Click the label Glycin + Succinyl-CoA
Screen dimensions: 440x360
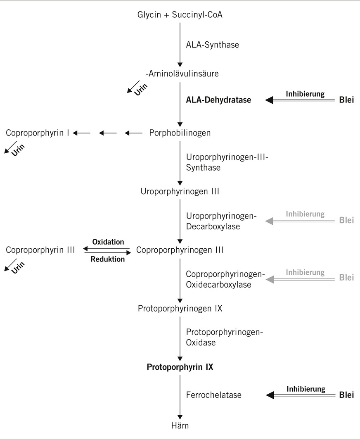coord(180,15)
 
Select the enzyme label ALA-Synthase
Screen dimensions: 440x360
coord(212,45)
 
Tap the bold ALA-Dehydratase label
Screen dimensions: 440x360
coord(218,100)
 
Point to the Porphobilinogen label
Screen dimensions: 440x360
coord(180,133)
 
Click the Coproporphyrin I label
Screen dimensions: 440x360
coord(37,133)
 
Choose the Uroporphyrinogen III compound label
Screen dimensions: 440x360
coord(180,192)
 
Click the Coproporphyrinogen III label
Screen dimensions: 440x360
coord(180,250)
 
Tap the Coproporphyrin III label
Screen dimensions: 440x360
coord(40,250)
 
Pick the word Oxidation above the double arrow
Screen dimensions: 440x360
coord(108,242)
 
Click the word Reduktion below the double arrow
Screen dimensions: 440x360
coord(107,259)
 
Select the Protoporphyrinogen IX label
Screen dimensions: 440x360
coord(180,309)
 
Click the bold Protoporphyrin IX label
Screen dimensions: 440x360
coord(180,366)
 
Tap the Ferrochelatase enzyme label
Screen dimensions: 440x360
coord(213,395)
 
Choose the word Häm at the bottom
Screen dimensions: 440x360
coord(180,425)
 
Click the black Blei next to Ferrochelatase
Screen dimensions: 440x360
coord(346,395)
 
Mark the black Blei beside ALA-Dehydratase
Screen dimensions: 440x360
coord(346,100)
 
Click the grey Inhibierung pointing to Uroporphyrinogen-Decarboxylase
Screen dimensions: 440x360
coord(305,214)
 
